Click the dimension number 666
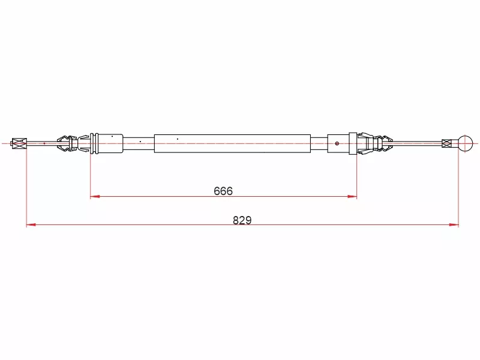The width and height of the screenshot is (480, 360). point(223,191)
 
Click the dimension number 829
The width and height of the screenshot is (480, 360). point(242,220)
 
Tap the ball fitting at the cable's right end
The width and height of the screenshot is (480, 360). point(466,143)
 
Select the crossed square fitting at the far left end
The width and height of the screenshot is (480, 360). point(19,143)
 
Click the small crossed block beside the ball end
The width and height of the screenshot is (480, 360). point(446,143)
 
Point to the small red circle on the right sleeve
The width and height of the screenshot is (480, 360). point(337,143)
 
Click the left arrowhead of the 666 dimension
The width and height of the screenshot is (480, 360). point(95,196)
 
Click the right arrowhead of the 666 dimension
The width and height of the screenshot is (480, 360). point(352,197)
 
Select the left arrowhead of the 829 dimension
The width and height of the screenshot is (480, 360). point(31,224)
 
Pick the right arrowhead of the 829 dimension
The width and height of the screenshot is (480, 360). point(454,224)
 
